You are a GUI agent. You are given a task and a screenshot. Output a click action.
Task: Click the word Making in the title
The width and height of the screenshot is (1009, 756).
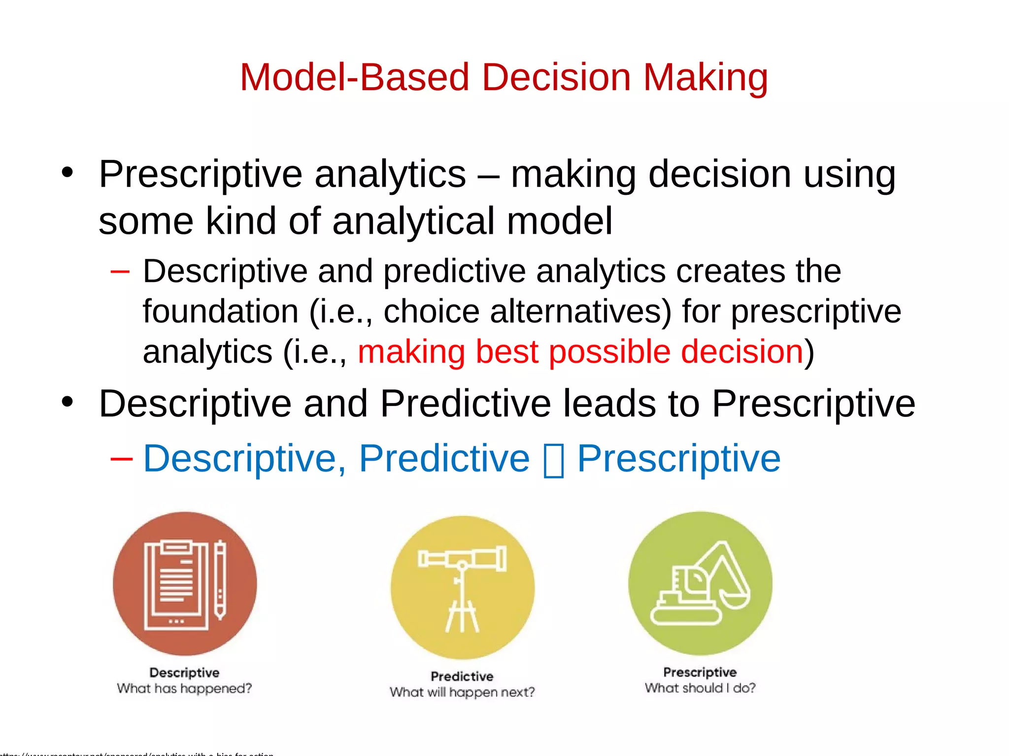705,78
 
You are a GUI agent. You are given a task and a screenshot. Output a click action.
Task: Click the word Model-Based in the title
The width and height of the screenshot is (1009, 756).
354,78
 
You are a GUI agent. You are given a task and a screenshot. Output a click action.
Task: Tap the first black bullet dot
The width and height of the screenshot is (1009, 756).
67,173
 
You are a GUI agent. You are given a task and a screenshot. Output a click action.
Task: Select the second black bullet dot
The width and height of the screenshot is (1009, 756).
67,402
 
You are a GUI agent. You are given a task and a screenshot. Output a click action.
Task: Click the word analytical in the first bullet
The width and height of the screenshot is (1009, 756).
413,221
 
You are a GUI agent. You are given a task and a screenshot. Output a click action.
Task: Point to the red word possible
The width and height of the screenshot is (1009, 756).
609,352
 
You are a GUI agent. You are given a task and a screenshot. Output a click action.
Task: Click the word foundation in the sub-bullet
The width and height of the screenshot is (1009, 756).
220,312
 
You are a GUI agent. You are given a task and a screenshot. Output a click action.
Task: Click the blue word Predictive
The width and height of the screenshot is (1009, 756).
444,459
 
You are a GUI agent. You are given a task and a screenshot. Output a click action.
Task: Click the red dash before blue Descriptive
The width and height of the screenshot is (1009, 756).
121,459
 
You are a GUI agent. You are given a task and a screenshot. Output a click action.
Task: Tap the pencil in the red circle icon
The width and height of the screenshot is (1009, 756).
220,579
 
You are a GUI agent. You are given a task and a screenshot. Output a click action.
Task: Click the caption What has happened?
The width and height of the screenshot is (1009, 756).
184,688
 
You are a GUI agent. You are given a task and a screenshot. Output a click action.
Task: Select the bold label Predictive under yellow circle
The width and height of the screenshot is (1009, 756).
462,676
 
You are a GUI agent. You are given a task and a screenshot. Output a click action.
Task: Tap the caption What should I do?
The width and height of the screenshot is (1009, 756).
700,688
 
